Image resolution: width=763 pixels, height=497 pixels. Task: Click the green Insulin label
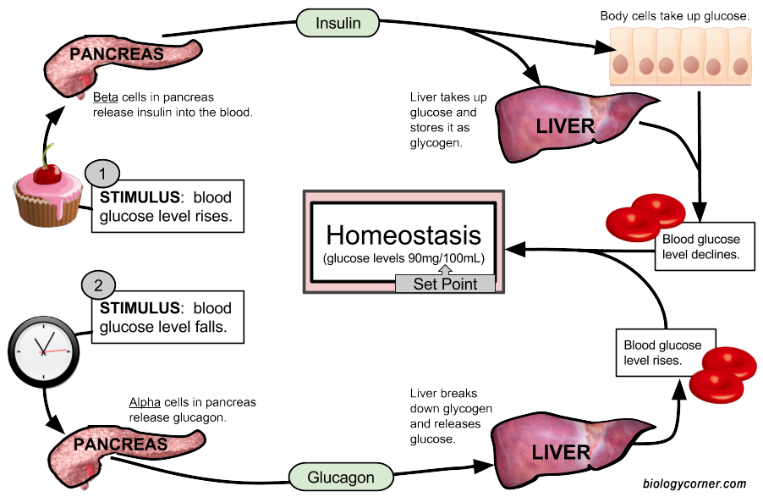point(338,23)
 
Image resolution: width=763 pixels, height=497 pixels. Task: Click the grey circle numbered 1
point(103,174)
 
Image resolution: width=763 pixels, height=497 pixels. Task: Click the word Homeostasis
point(403,235)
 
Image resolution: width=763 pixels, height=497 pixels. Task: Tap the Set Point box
point(444,284)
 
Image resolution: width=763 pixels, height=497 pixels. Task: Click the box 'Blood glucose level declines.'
point(701,246)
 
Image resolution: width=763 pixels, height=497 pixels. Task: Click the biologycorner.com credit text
point(694,483)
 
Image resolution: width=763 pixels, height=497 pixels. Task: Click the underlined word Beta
point(106,98)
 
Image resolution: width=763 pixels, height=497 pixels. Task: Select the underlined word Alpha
point(145,402)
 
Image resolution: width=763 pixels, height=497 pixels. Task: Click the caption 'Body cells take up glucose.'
point(675,16)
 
